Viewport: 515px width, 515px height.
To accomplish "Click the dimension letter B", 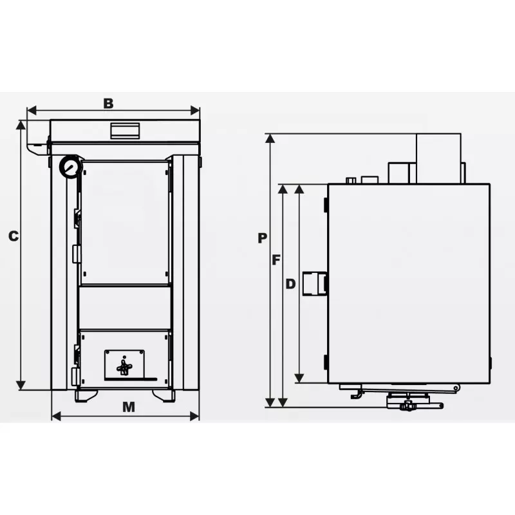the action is pyautogui.click(x=108, y=103).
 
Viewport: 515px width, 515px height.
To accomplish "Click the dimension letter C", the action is pyautogui.click(x=14, y=236).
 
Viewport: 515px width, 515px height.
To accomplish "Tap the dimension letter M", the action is pyautogui.click(x=128, y=407).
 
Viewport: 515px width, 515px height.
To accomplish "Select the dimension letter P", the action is pyautogui.click(x=262, y=238).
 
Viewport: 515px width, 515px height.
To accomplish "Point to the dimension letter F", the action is pyautogui.click(x=276, y=260).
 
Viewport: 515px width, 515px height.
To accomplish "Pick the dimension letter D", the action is pyautogui.click(x=291, y=284).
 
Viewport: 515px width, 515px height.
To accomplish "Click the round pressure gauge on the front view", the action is pyautogui.click(x=70, y=167).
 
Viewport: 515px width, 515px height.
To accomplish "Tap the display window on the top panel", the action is pyautogui.click(x=125, y=131).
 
